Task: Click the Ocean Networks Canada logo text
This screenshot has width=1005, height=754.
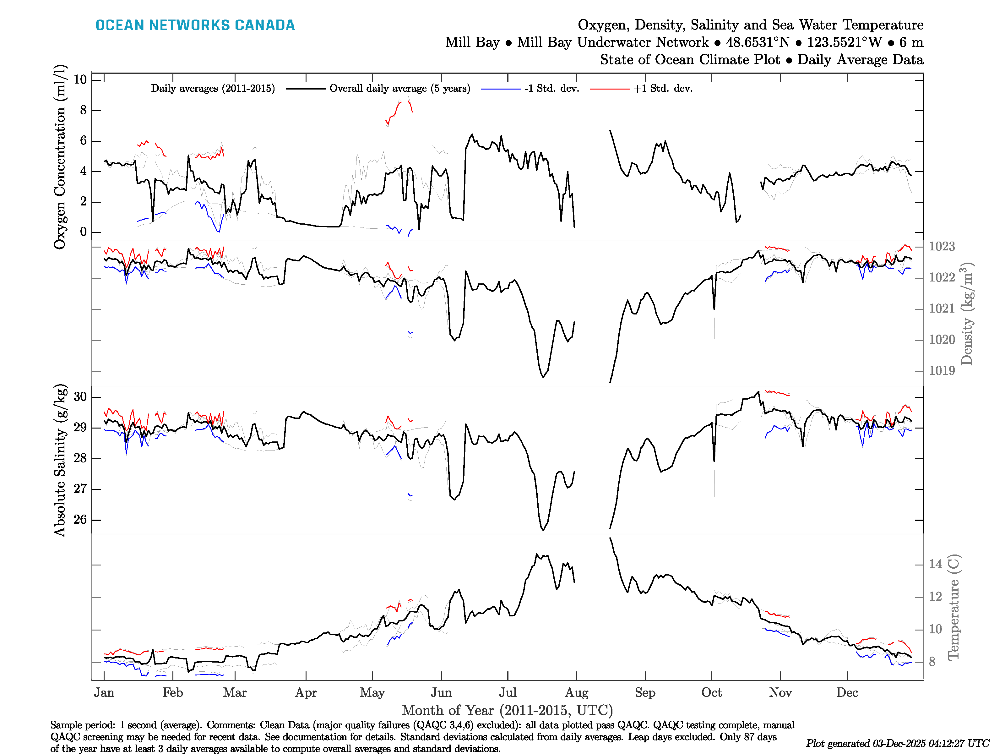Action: [195, 25]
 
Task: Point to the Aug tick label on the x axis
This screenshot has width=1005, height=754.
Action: [577, 693]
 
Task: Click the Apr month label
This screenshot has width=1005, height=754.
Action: [306, 693]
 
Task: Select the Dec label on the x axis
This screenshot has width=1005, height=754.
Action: [847, 693]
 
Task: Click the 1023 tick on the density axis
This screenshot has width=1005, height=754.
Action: [942, 246]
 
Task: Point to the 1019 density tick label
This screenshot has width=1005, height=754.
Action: [942, 371]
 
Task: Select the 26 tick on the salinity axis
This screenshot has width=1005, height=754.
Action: [80, 520]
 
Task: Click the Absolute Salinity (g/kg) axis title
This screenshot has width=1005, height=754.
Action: [60, 460]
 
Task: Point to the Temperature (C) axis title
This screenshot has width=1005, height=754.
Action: [954, 607]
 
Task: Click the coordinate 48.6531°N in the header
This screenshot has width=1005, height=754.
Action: [758, 42]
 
